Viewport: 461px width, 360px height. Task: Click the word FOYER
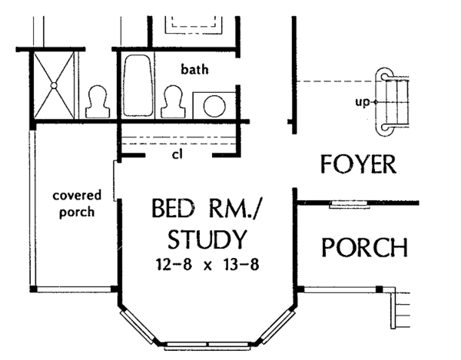point(357,164)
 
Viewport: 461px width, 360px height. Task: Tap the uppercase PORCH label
point(363,248)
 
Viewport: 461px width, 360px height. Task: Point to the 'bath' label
point(194,70)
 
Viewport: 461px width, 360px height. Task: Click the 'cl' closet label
point(177,154)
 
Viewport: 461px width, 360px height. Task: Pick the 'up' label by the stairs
point(360,101)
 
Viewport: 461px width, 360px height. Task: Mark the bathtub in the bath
point(139,85)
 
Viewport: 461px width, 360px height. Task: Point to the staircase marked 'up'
point(393,101)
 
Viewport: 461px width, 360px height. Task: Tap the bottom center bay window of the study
point(205,345)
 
